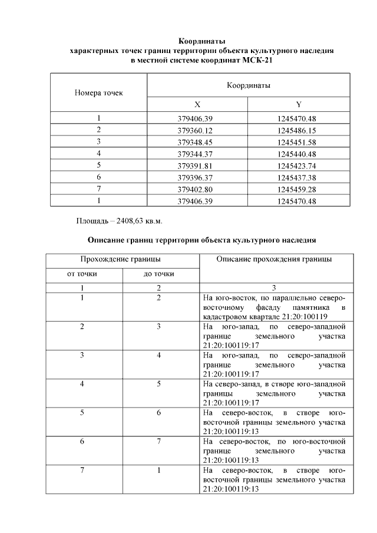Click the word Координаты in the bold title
point(201,41)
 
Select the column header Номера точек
point(98,93)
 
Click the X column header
point(197,104)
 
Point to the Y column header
point(299,104)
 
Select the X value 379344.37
point(197,154)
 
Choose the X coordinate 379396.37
point(197,177)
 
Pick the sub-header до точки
point(159,274)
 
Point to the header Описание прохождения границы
point(274,259)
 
